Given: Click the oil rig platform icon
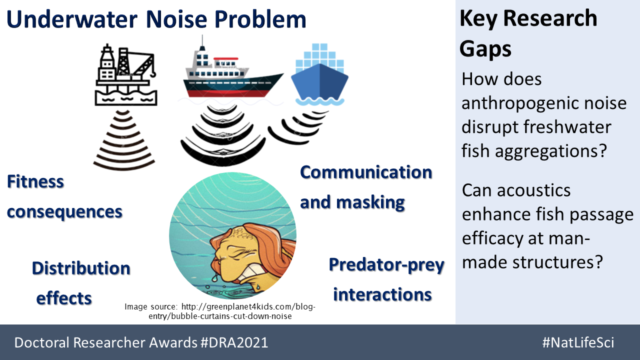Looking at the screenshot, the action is tap(126, 75).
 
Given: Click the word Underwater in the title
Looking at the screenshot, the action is tap(72, 19).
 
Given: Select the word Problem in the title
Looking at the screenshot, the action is tap(260, 19).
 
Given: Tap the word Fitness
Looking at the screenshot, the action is tap(35, 181).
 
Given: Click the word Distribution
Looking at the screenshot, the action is tap(81, 268).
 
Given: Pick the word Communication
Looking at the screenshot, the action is tap(366, 172).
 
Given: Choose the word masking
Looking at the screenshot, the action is tap(370, 203).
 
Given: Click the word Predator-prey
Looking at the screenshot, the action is tap(386, 265).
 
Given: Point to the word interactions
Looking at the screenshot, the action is tap(382, 294).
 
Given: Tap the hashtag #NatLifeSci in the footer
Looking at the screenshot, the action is tap(578, 342).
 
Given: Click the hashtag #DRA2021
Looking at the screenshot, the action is tap(234, 342).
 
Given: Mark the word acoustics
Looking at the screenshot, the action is tap(533, 190).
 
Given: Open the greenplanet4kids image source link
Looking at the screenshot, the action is tap(220, 311).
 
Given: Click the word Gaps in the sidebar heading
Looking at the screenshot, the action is tap(485, 49).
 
